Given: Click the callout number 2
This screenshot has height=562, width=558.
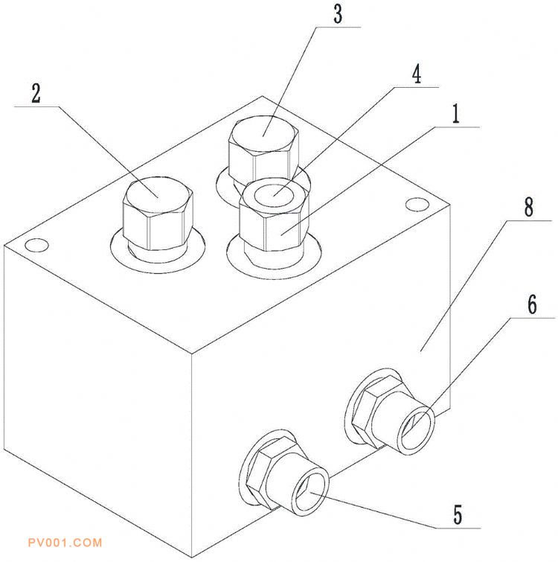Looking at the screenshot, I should pos(36,95).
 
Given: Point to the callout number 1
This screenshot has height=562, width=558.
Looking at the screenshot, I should pos(455,115).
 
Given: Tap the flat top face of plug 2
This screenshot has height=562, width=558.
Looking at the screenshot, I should pos(158,193).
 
